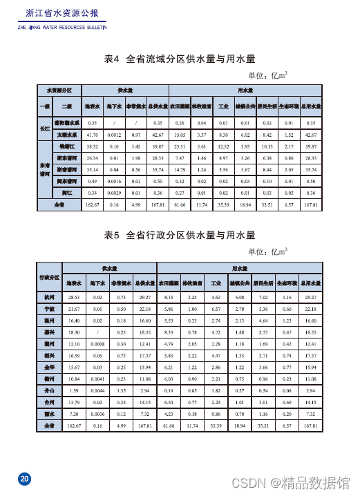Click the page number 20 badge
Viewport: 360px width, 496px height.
(x=24, y=479)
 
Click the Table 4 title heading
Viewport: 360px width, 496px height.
(x=180, y=59)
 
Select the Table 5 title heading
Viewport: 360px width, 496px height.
(x=180, y=235)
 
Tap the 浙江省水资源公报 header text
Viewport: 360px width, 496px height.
(x=61, y=13)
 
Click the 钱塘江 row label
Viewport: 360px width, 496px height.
(x=67, y=147)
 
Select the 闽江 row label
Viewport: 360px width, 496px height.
(x=67, y=192)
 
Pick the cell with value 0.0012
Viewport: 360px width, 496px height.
(x=115, y=135)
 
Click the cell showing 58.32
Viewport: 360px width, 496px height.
(x=92, y=147)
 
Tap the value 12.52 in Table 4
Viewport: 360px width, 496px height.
(x=223, y=147)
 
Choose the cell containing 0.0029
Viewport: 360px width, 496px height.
(x=115, y=192)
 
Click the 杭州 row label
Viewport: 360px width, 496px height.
(x=48, y=296)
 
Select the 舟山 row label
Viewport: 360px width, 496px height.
(x=48, y=390)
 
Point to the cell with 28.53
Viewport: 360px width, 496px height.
(x=74, y=296)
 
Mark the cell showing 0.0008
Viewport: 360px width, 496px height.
(x=97, y=343)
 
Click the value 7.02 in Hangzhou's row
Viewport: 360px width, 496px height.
(x=263, y=296)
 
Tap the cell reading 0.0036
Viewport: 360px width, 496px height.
(x=97, y=413)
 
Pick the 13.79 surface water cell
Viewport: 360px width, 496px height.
(x=74, y=401)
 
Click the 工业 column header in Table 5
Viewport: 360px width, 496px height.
(x=216, y=283)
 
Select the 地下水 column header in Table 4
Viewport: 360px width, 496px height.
(x=115, y=106)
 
